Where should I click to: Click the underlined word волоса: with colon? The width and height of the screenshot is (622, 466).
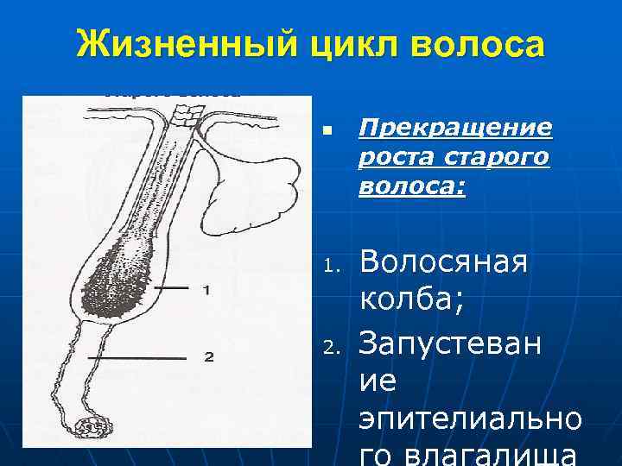[x=411, y=187]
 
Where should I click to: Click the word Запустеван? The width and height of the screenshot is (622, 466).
[x=451, y=343]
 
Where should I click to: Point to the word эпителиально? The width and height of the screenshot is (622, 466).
[x=470, y=421]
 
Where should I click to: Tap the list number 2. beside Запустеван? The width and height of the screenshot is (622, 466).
[x=328, y=347]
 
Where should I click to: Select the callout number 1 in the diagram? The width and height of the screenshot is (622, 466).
[x=205, y=290]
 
